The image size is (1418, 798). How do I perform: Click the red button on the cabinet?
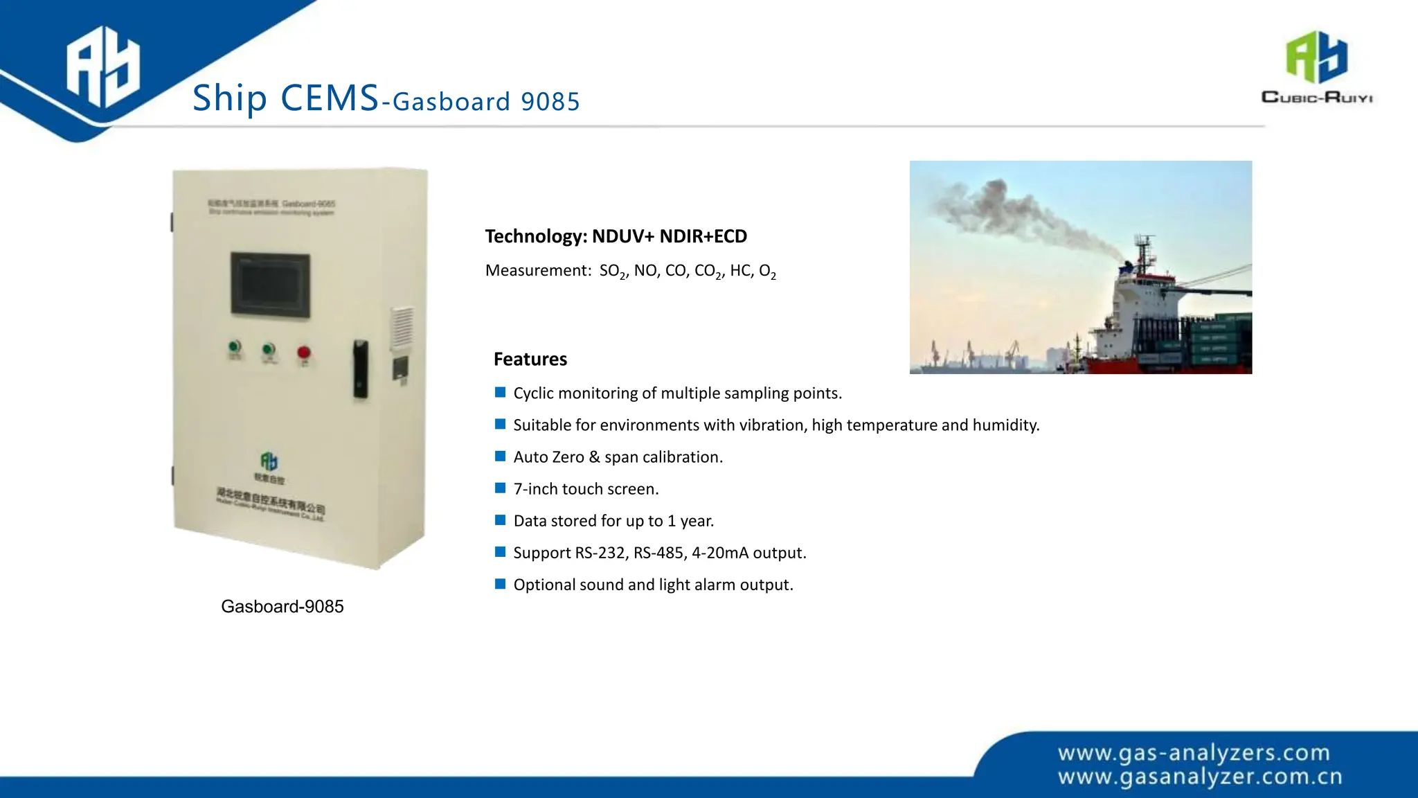pyautogui.click(x=303, y=353)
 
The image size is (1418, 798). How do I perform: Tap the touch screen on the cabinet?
pyautogui.click(x=270, y=284)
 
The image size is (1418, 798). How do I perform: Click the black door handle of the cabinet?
pyautogui.click(x=360, y=369)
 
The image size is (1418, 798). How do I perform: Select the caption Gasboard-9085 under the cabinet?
pyautogui.click(x=282, y=606)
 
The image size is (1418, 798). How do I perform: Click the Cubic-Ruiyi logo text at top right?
pyautogui.click(x=1317, y=98)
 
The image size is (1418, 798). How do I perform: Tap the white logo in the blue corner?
pyautogui.click(x=103, y=67)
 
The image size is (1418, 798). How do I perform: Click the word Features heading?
pyautogui.click(x=530, y=359)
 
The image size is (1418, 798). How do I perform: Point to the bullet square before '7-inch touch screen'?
pyautogui.click(x=501, y=488)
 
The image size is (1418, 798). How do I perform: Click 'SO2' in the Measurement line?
pyautogui.click(x=613, y=271)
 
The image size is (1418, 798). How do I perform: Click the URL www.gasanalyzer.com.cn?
pyautogui.click(x=1200, y=777)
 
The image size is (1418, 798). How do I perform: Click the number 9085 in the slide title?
pyautogui.click(x=550, y=102)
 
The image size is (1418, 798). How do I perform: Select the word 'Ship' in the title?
pyautogui.click(x=229, y=98)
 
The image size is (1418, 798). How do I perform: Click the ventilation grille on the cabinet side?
pyautogui.click(x=402, y=328)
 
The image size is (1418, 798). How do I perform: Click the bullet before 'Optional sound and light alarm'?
pyautogui.click(x=501, y=584)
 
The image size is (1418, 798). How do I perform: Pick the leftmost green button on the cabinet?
pyautogui.click(x=235, y=347)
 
